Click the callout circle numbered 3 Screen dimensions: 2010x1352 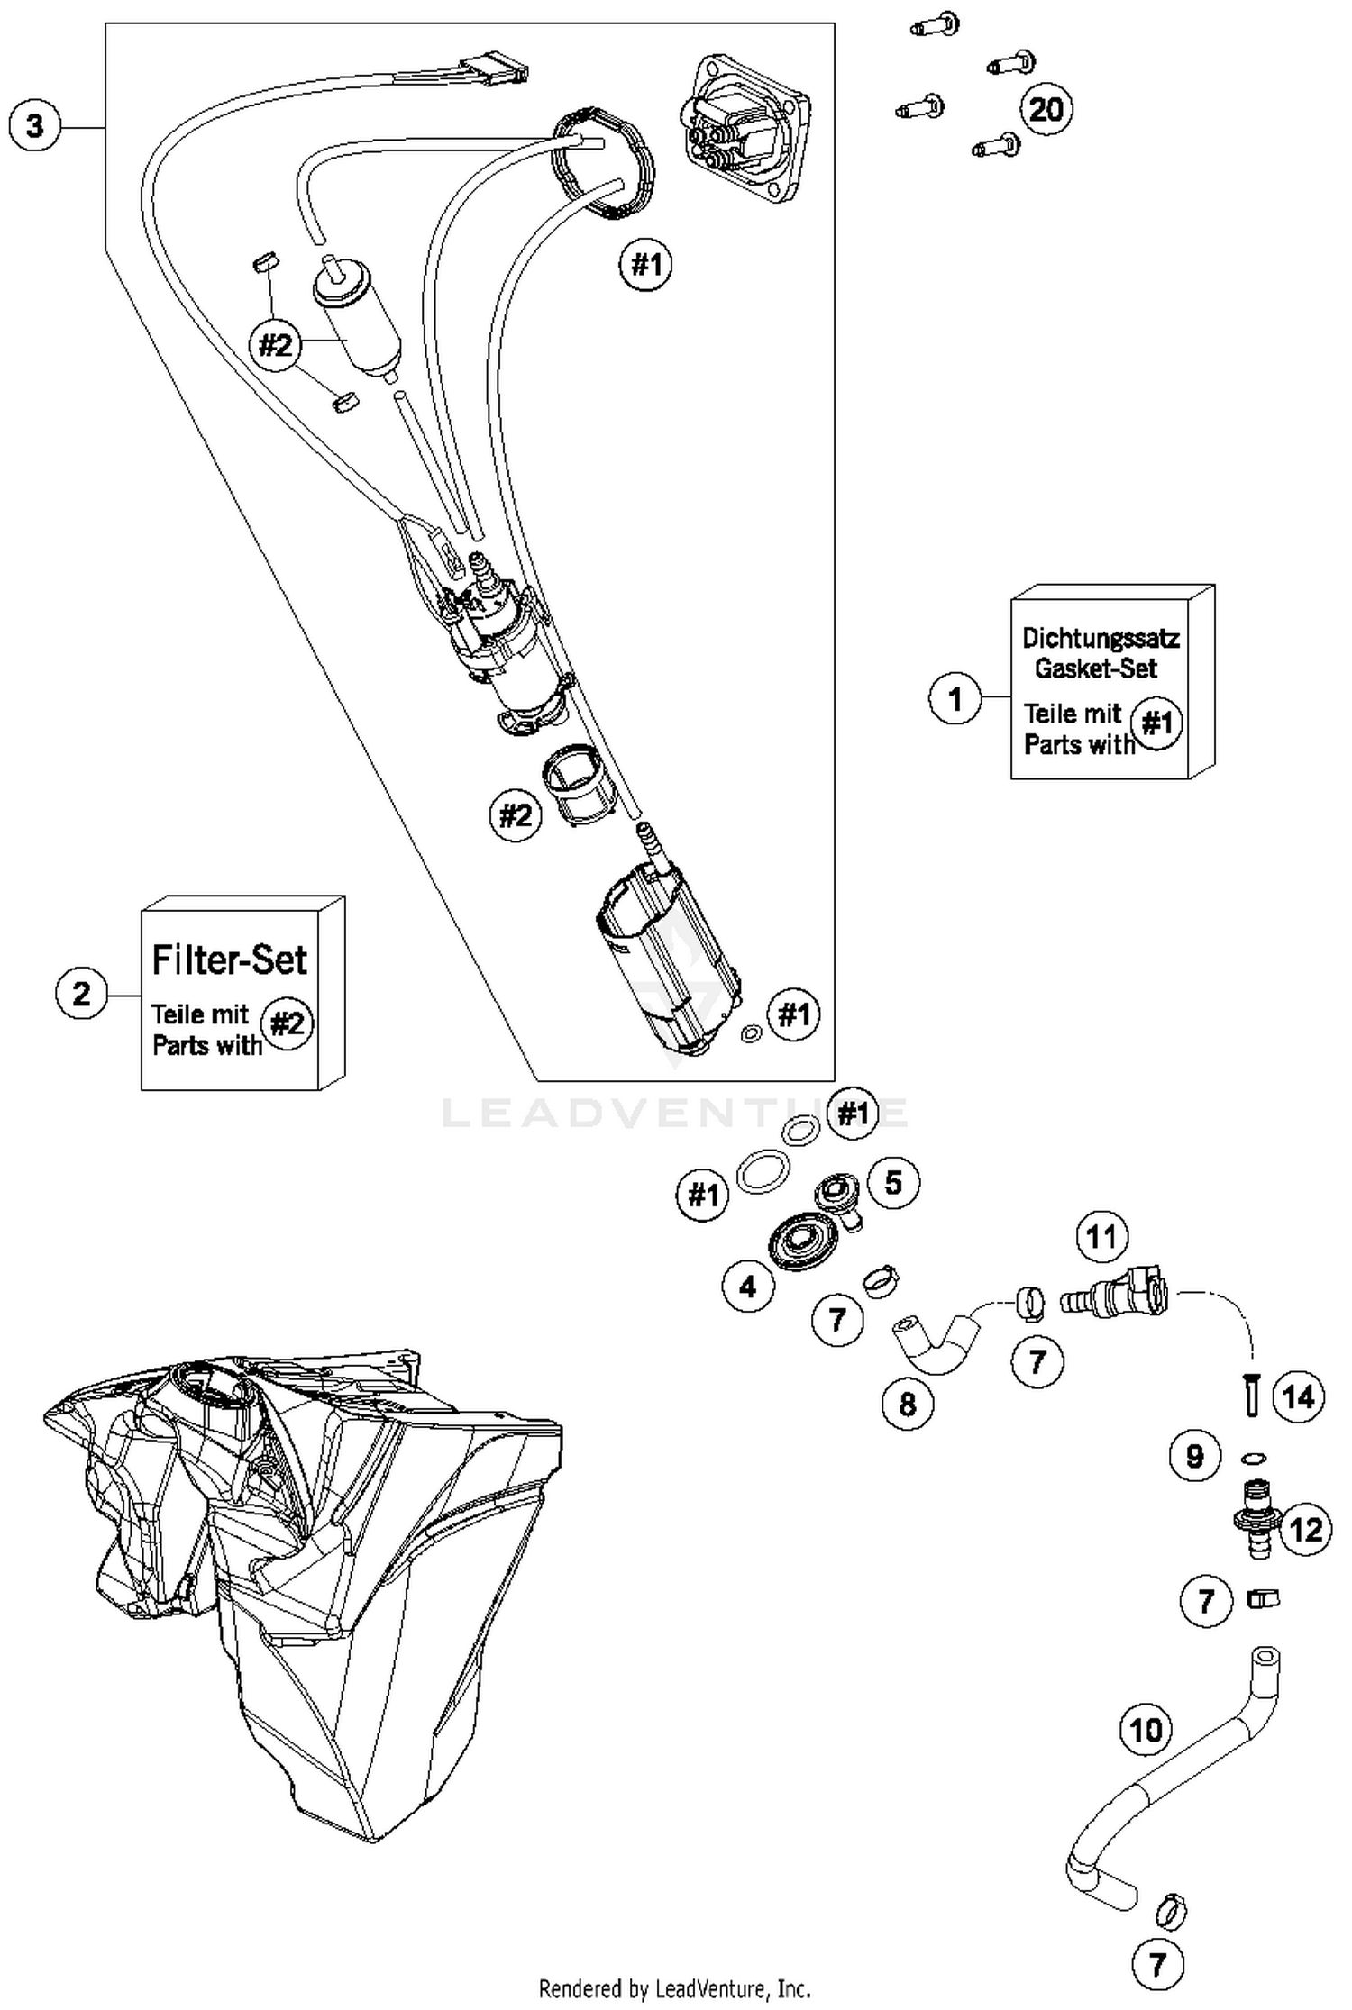[34, 125]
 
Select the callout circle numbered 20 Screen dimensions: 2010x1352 [1046, 110]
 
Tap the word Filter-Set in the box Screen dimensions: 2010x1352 [229, 960]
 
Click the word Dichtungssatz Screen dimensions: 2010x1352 [1100, 638]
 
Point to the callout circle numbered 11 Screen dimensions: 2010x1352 [1101, 1237]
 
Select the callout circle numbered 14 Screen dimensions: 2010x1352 [1298, 1396]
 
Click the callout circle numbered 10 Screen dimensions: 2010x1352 [1146, 1730]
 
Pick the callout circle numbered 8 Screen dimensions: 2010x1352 [907, 1403]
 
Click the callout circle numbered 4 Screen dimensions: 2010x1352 [747, 1287]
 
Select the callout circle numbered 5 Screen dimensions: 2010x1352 [892, 1182]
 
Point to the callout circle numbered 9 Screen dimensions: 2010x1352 [1194, 1456]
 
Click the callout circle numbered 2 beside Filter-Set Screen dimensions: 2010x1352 [81, 994]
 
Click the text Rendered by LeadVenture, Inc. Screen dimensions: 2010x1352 [674, 1987]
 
